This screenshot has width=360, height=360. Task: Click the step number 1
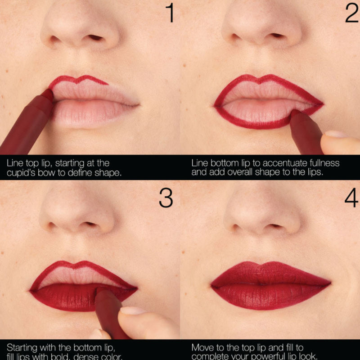click(169, 13)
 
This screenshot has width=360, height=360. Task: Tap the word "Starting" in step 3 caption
click(22, 347)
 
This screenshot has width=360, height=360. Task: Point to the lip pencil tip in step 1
click(48, 93)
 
